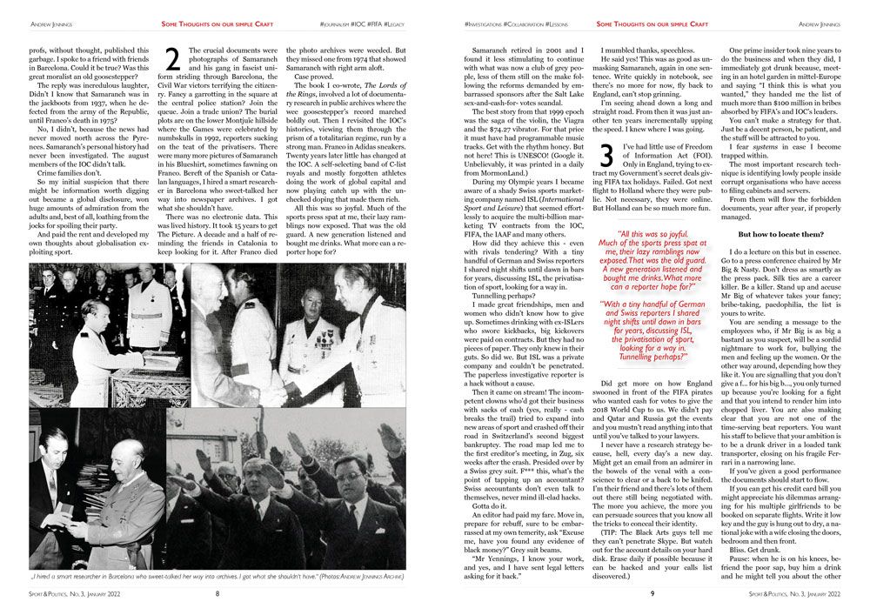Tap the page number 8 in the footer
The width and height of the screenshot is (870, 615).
point(217,595)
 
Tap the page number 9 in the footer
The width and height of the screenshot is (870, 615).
point(651,595)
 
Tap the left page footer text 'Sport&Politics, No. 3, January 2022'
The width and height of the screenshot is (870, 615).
point(69,595)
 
